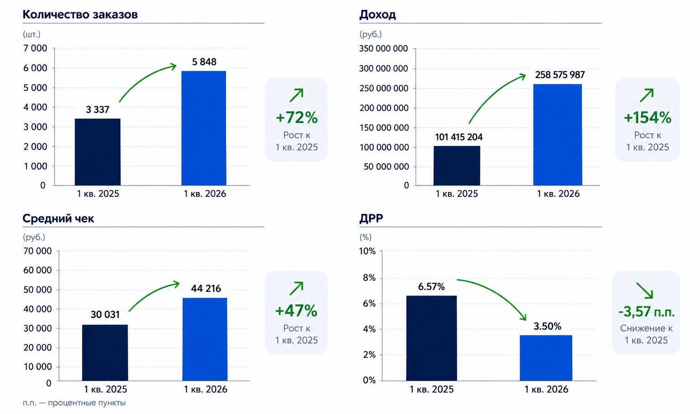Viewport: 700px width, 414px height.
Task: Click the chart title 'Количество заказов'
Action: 80,15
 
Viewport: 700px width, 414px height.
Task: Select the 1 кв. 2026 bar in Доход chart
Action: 558,135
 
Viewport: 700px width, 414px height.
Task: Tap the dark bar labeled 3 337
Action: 98,152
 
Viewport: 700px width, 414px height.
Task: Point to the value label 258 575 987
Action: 560,75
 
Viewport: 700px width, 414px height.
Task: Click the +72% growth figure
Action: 297,118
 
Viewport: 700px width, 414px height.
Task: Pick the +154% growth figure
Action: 648,118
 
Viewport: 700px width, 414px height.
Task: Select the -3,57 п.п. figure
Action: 647,312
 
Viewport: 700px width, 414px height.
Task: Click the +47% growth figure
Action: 296,311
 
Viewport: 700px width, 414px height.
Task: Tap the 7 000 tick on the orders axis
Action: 35,48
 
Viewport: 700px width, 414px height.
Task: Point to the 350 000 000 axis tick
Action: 383,48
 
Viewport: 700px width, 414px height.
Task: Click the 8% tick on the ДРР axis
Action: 369,278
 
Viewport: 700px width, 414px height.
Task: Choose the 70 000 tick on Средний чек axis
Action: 37,251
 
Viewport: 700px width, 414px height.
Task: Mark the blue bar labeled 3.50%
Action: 546,358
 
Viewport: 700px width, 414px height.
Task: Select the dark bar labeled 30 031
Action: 105,352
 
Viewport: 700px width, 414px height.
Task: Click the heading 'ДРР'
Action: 371,218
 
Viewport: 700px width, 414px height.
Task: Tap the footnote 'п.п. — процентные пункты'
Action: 74,403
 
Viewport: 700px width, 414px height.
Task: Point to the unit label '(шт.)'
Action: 31,34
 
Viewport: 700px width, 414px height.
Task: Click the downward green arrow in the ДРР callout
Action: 645,290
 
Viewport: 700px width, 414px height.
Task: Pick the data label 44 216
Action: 206,288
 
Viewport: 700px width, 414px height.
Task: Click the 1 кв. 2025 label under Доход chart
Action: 457,194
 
